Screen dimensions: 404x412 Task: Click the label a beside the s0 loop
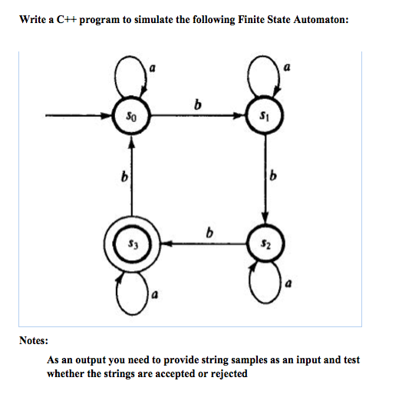[153, 68]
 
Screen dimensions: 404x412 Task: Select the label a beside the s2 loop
[288, 283]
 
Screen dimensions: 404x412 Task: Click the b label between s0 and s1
[199, 105]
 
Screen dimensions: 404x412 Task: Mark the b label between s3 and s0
[121, 180]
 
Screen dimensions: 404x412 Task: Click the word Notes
[35, 339]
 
